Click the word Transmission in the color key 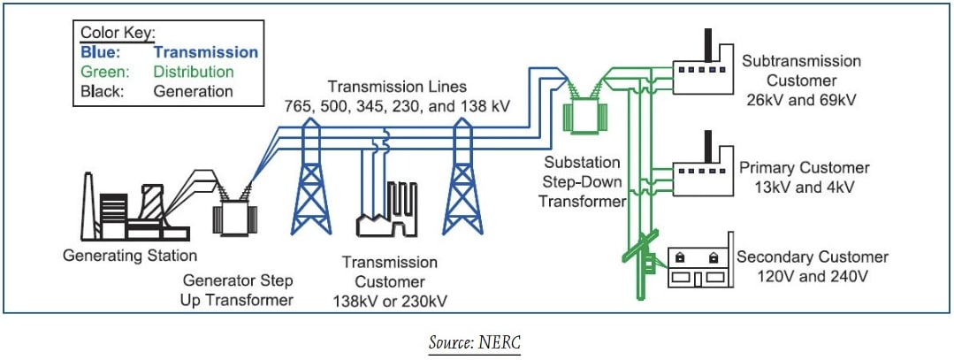(x=204, y=52)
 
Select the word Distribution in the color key (x=193, y=72)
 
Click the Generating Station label (x=130, y=257)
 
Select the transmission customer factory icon (x=390, y=212)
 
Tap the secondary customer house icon (x=696, y=266)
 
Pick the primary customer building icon (x=698, y=172)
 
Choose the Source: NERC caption (x=477, y=342)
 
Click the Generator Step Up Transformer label (x=238, y=290)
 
